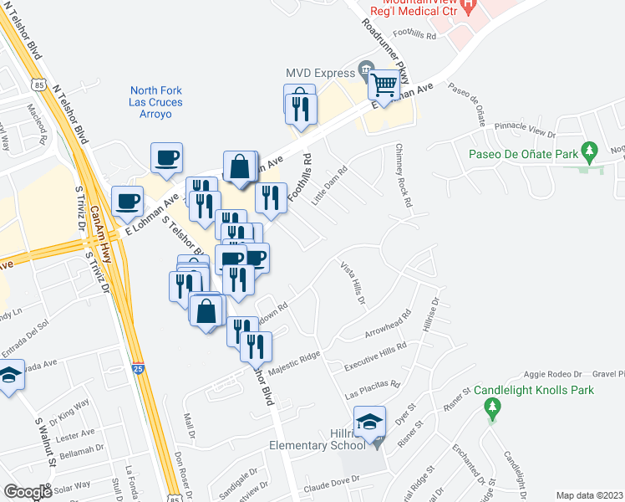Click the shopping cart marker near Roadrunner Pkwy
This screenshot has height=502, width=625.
[384, 85]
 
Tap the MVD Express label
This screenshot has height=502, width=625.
[320, 73]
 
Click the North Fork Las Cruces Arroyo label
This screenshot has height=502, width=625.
[156, 102]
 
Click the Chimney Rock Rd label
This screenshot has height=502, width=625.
[402, 176]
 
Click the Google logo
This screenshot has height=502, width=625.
[28, 492]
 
